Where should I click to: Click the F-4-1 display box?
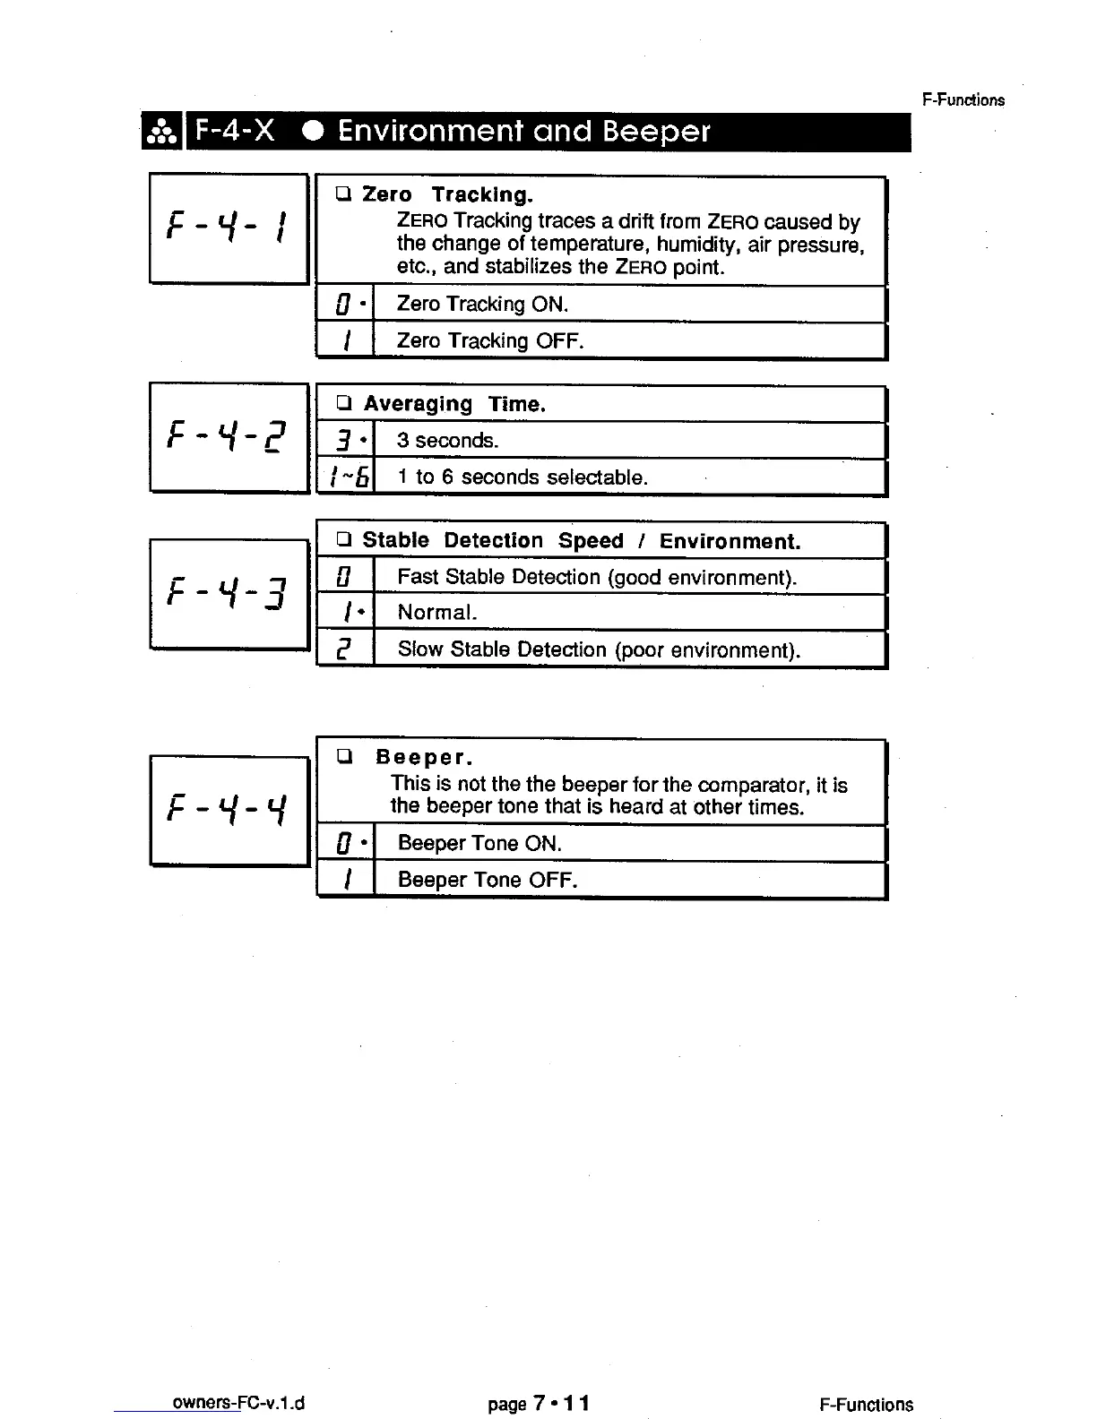coord(229,228)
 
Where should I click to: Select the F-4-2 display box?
coord(229,437)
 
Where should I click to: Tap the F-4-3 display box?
coord(229,593)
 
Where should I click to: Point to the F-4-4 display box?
coord(229,811)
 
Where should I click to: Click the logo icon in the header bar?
coord(161,133)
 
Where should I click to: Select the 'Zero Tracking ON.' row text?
coord(482,305)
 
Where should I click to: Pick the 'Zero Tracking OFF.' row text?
coord(489,341)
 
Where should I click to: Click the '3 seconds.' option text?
coord(447,441)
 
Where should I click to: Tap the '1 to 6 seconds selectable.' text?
coord(522,477)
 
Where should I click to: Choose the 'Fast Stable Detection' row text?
coord(596,577)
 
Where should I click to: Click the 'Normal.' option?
coord(437,613)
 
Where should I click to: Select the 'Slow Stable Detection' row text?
coord(598,649)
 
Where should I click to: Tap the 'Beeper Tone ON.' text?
coord(479,844)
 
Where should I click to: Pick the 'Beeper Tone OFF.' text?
coord(487,881)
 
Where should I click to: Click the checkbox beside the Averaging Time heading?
coord(343,403)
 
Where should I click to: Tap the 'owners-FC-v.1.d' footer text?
coord(238,1403)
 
